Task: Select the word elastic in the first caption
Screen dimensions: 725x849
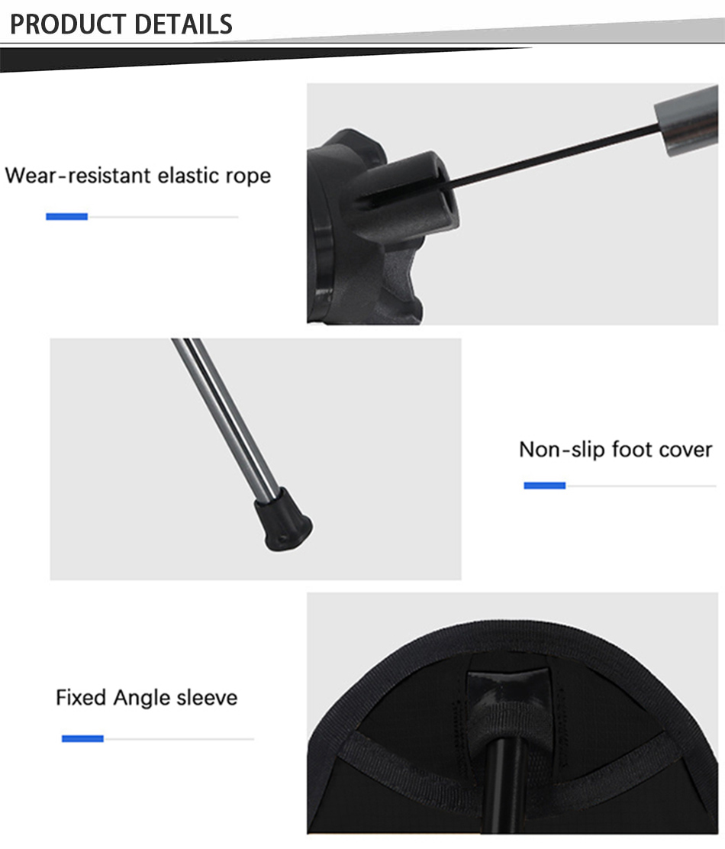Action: [x=188, y=176]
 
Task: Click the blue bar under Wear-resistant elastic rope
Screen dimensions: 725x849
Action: [x=66, y=217]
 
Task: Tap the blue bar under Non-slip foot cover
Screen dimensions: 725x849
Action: [x=544, y=485]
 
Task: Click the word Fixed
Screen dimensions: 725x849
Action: [x=81, y=697]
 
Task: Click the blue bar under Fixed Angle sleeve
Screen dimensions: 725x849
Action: [x=82, y=738]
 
